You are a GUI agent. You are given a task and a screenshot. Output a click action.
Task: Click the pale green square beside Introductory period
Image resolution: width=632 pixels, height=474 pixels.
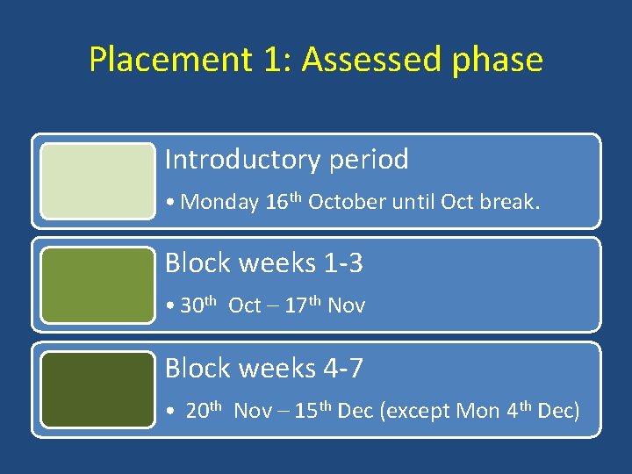(97, 181)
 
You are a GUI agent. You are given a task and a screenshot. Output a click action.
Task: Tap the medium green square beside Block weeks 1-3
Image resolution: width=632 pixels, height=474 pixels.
(97, 284)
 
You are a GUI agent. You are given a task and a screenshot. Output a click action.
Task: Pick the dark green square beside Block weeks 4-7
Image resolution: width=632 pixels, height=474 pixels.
(97, 389)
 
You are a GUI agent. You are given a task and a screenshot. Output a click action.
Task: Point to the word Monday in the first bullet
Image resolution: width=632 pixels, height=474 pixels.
(219, 203)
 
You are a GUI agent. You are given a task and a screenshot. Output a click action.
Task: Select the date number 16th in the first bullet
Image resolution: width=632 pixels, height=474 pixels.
(283, 202)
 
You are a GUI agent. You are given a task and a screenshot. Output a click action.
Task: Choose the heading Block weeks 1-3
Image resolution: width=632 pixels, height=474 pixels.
(263, 263)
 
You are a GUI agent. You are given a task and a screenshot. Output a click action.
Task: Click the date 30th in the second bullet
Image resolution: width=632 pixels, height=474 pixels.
(199, 305)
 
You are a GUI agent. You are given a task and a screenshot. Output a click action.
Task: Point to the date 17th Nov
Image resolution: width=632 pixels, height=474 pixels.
(325, 305)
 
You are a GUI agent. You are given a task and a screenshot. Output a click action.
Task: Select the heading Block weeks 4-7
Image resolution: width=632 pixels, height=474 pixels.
(263, 368)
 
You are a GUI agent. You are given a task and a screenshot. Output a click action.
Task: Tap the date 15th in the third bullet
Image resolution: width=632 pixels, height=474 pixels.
(313, 410)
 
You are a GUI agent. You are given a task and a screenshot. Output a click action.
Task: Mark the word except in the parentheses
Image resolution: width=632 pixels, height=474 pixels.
(417, 411)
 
